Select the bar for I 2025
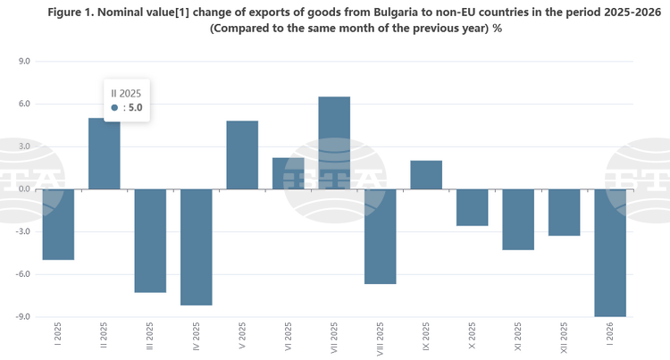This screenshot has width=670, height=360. (58, 224)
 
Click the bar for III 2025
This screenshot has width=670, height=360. (150, 240)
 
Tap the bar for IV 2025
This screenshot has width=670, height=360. (197, 247)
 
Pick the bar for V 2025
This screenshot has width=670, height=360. (242, 155)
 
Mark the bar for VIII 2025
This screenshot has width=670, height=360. (380, 236)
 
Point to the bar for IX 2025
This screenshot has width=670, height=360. (426, 175)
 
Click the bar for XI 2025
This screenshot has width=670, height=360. (518, 219)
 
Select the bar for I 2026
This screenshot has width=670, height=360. (610, 253)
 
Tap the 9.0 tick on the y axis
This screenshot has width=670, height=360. (24, 62)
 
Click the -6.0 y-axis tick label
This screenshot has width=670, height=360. (22, 274)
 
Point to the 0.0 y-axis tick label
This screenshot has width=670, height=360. (24, 189)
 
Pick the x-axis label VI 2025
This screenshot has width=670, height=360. (289, 339)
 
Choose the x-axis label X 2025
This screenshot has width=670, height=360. (473, 339)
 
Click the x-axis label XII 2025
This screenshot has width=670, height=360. (565, 339)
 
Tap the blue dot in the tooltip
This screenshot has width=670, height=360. (114, 107)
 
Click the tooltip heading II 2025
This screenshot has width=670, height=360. (125, 92)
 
